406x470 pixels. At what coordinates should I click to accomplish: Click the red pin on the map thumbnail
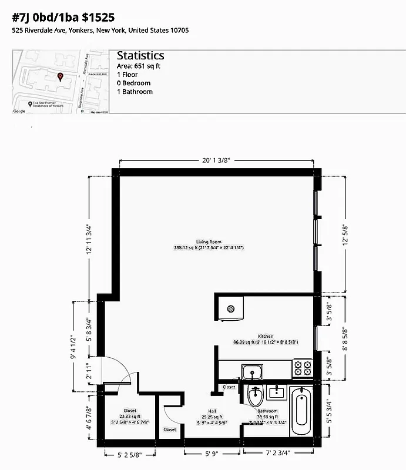tap(59, 76)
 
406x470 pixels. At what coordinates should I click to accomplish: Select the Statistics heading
tap(140, 56)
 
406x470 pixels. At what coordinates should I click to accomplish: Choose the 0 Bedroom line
tap(133, 83)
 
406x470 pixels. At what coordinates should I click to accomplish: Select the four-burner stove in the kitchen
tap(303, 368)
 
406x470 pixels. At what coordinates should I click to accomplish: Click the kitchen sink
tap(253, 372)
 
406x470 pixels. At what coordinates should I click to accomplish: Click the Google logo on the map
tap(19, 110)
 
